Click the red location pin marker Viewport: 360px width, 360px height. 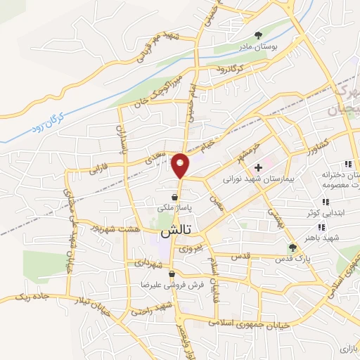pyautogui.click(x=181, y=165)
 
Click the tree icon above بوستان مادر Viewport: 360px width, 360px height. pyautogui.click(x=259, y=34)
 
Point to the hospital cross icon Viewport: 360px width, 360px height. pyautogui.click(x=259, y=167)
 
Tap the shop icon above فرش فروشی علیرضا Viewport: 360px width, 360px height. pyautogui.click(x=172, y=274)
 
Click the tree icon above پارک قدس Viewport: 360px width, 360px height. pyautogui.click(x=292, y=247)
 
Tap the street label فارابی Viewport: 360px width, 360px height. pyautogui.click(x=91, y=169)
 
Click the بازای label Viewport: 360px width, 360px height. pyautogui.click(x=348, y=347)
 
